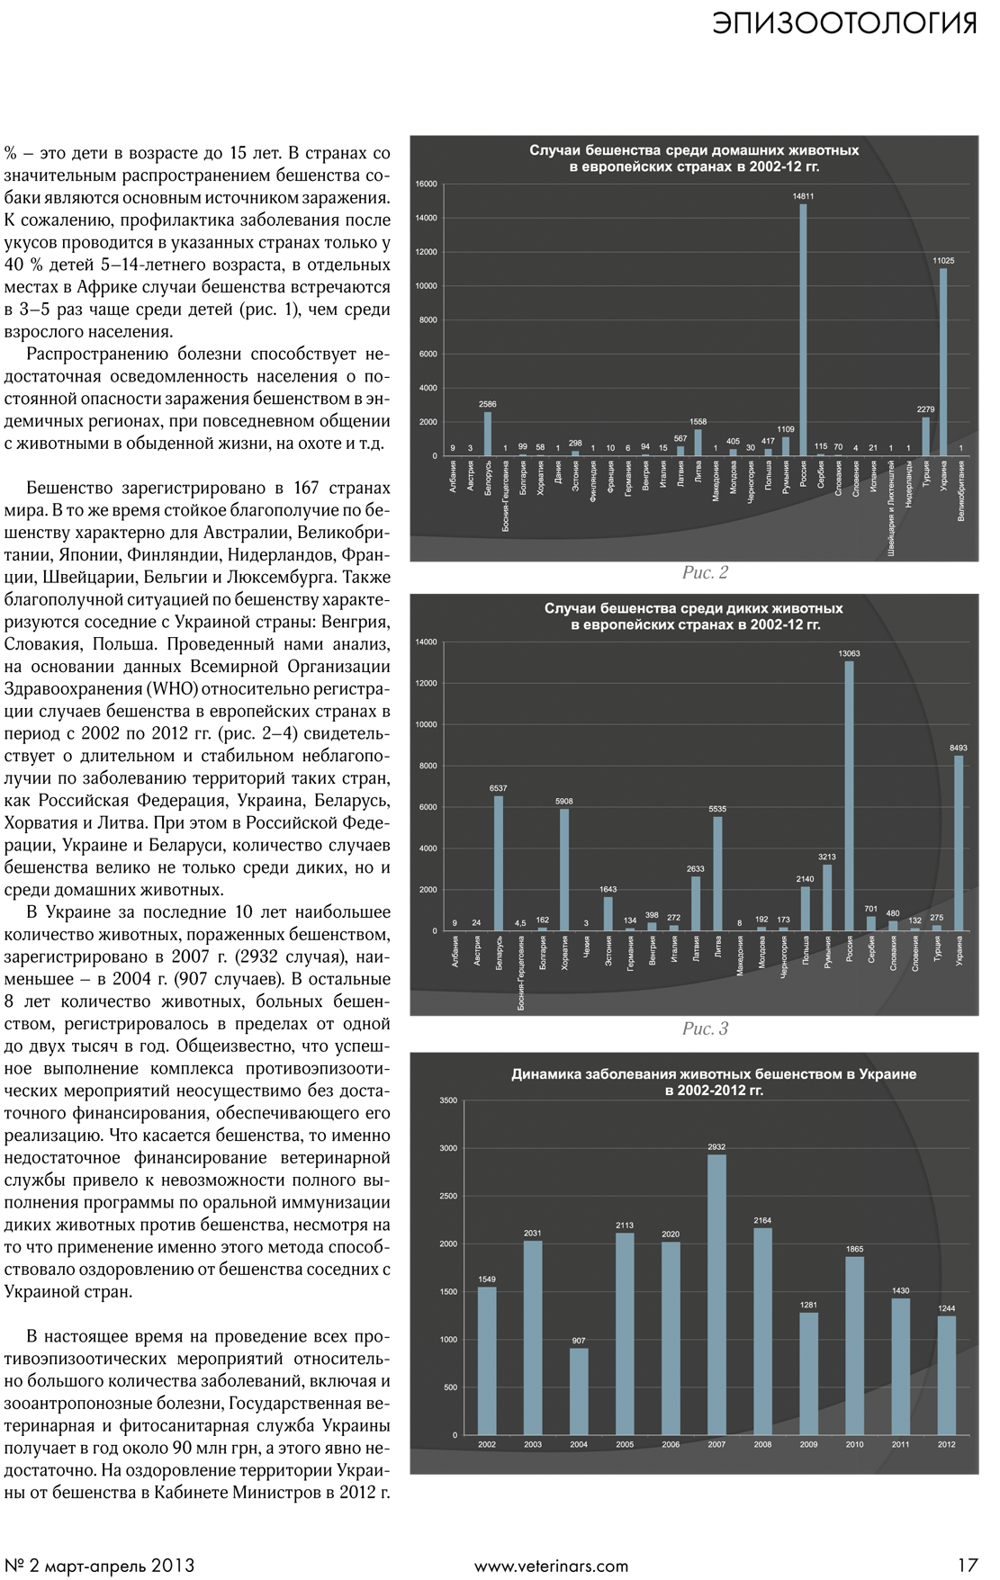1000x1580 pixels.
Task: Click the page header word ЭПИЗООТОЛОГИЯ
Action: [x=844, y=22]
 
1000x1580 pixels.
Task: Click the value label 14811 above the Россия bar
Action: [x=803, y=195]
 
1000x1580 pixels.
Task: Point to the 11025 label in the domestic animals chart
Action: [x=942, y=261]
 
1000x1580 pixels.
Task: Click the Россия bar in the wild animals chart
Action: [x=849, y=796]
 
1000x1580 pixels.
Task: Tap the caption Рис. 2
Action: [x=705, y=572]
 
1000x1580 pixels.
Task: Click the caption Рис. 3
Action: [x=705, y=1028]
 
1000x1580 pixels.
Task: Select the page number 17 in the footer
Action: [x=967, y=1566]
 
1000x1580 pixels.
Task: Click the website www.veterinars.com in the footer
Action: [x=551, y=1566]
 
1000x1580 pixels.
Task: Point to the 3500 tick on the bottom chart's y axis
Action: [x=448, y=1100]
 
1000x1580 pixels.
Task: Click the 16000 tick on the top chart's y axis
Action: [x=427, y=184]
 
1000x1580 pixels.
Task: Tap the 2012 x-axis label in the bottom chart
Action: [x=946, y=1445]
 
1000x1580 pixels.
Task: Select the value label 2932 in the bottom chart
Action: [x=716, y=1147]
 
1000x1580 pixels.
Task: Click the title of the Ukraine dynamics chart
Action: [x=714, y=1082]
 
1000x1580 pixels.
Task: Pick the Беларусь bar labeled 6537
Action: [x=499, y=863]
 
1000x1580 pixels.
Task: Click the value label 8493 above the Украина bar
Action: [x=959, y=748]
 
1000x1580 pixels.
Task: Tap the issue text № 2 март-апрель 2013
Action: [x=99, y=1566]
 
